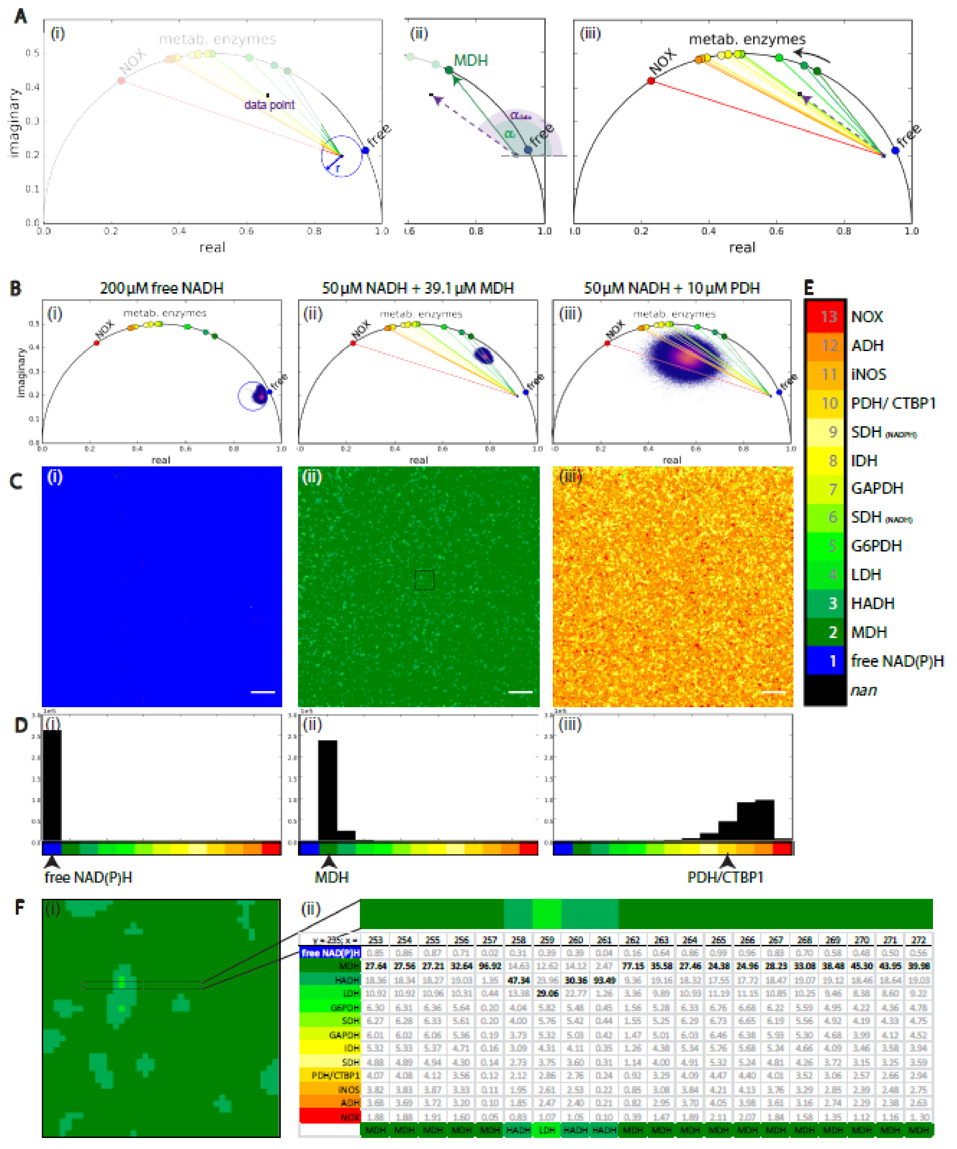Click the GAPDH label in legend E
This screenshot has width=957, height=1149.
(x=876, y=488)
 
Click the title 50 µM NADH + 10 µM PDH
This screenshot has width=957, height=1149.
(x=671, y=288)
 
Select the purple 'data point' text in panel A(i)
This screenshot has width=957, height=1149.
(x=269, y=105)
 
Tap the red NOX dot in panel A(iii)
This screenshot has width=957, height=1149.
(x=651, y=81)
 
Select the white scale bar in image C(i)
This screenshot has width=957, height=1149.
(x=262, y=692)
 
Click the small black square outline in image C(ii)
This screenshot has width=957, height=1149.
(x=424, y=580)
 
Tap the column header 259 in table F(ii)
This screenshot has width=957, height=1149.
(x=547, y=940)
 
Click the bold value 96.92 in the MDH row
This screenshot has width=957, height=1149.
(x=490, y=966)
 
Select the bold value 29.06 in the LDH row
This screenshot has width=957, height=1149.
(x=547, y=993)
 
